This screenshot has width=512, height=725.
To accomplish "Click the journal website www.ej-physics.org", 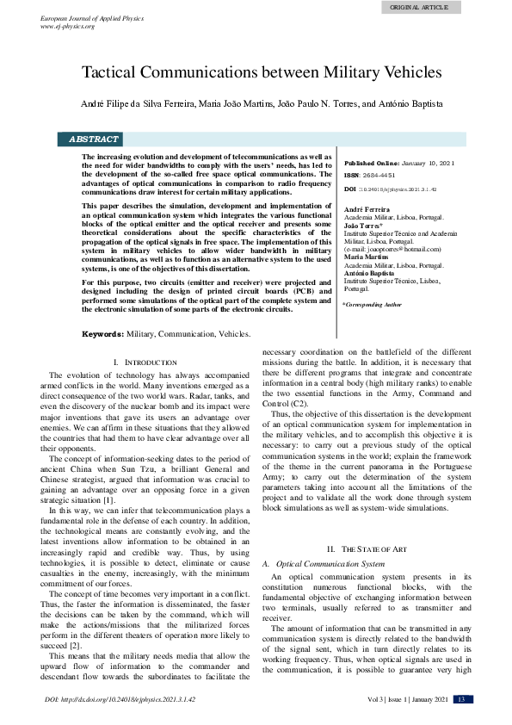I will click(68, 26).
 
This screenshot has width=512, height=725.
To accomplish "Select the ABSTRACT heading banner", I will click(94, 139).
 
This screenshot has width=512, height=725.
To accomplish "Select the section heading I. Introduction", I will click(145, 362).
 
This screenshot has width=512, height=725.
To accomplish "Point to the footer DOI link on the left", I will click(120, 700).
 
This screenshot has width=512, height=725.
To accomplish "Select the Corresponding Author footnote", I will click(372, 305).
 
